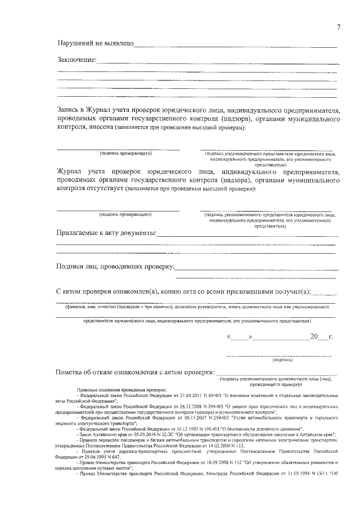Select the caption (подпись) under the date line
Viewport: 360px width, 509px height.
[281, 359]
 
